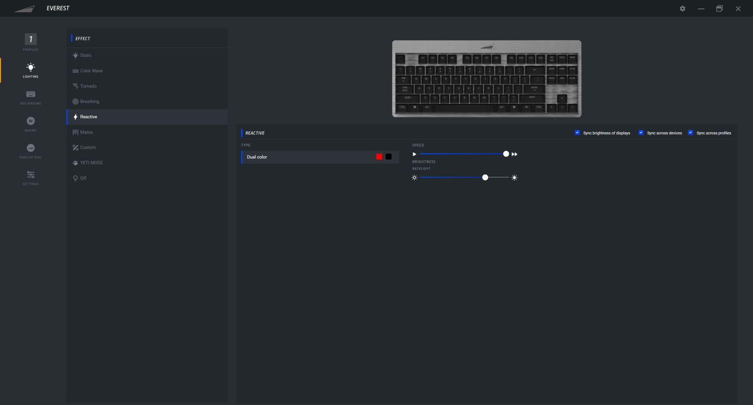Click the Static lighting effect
coord(86,56)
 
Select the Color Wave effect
coord(91,71)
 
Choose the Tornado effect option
coord(88,86)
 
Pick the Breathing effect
coord(89,102)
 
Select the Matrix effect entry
coord(86,132)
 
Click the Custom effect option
coord(88,148)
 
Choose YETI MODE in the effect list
coord(91,163)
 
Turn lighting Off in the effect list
coord(83,178)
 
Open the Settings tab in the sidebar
coord(31,176)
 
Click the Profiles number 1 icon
coord(31,40)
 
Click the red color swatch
coord(379,157)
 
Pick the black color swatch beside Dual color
coord(389,157)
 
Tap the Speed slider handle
coord(506,154)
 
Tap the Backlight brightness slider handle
coord(485,177)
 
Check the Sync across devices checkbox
coord(641,133)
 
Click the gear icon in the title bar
coord(682,8)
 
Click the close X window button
coord(738,8)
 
